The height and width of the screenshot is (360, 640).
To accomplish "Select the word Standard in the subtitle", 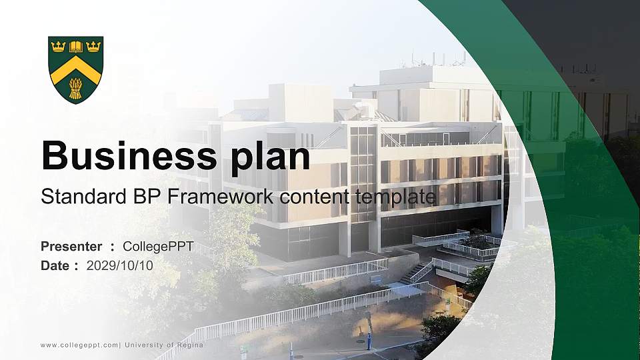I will coord(75,197).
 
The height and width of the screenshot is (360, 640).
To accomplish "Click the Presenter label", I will coord(71,247).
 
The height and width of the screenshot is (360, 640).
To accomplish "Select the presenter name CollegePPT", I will coord(158,247).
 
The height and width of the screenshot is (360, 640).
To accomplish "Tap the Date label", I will coord(55,265).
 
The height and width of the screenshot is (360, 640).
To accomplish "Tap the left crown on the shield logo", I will coord(59,47).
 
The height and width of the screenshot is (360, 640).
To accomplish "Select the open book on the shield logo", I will coord(76,47).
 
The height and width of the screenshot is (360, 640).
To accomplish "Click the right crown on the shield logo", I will coord(93,47).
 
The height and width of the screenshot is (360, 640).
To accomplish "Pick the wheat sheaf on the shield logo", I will coord(76,88).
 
